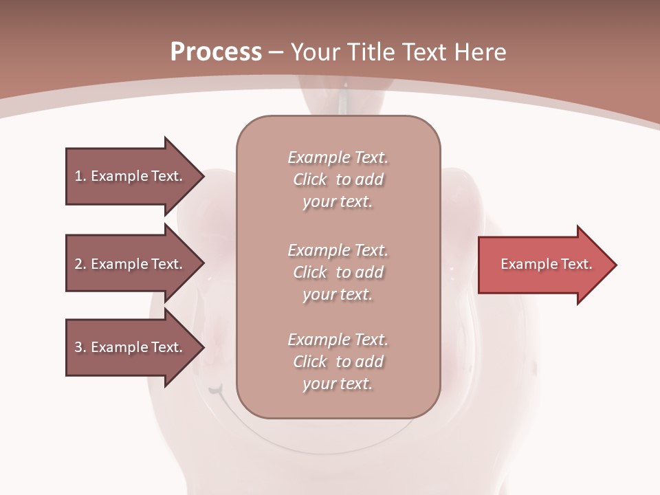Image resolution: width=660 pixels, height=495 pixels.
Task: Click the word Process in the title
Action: (x=216, y=52)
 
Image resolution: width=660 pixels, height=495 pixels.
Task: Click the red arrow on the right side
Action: (x=543, y=265)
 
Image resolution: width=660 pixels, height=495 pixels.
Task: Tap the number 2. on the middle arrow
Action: (x=80, y=264)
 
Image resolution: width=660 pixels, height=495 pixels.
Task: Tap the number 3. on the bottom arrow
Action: (x=80, y=347)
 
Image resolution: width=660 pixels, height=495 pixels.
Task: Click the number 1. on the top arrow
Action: (x=80, y=176)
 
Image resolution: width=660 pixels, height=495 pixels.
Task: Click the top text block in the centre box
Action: (x=338, y=179)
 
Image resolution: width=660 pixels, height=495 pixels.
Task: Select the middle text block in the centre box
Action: (x=338, y=272)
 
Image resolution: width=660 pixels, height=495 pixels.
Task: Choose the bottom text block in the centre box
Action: (x=338, y=362)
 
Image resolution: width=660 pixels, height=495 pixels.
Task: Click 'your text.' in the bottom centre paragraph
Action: (x=338, y=384)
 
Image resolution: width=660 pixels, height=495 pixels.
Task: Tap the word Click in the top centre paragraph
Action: (x=310, y=180)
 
